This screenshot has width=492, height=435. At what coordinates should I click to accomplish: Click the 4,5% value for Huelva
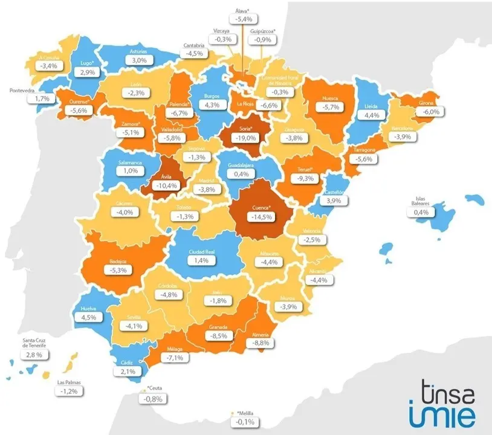88,317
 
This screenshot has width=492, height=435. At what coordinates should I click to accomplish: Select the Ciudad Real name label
200,251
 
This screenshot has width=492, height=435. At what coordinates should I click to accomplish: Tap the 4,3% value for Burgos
213,105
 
